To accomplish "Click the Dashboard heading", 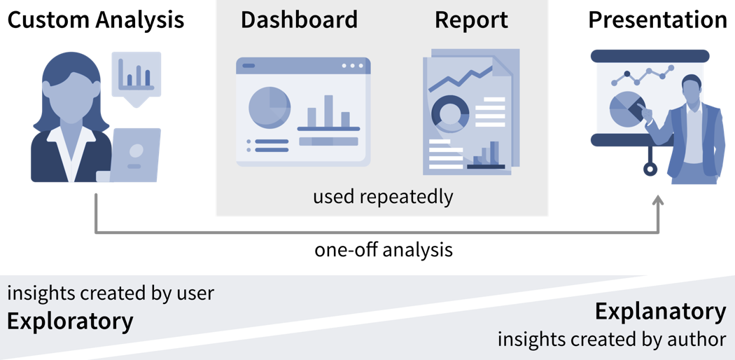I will point(299,20).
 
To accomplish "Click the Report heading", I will point(471,20).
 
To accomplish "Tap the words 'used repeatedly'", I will point(383,197).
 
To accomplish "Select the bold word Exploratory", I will point(70,321).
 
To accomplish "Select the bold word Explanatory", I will point(660,312).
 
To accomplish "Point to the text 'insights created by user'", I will point(111,293).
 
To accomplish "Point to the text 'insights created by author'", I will point(612,340).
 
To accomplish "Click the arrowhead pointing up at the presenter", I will point(657,202).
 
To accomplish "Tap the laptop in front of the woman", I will point(135,155).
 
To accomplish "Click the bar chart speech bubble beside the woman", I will point(135,75).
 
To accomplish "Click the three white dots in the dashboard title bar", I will point(353,67).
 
